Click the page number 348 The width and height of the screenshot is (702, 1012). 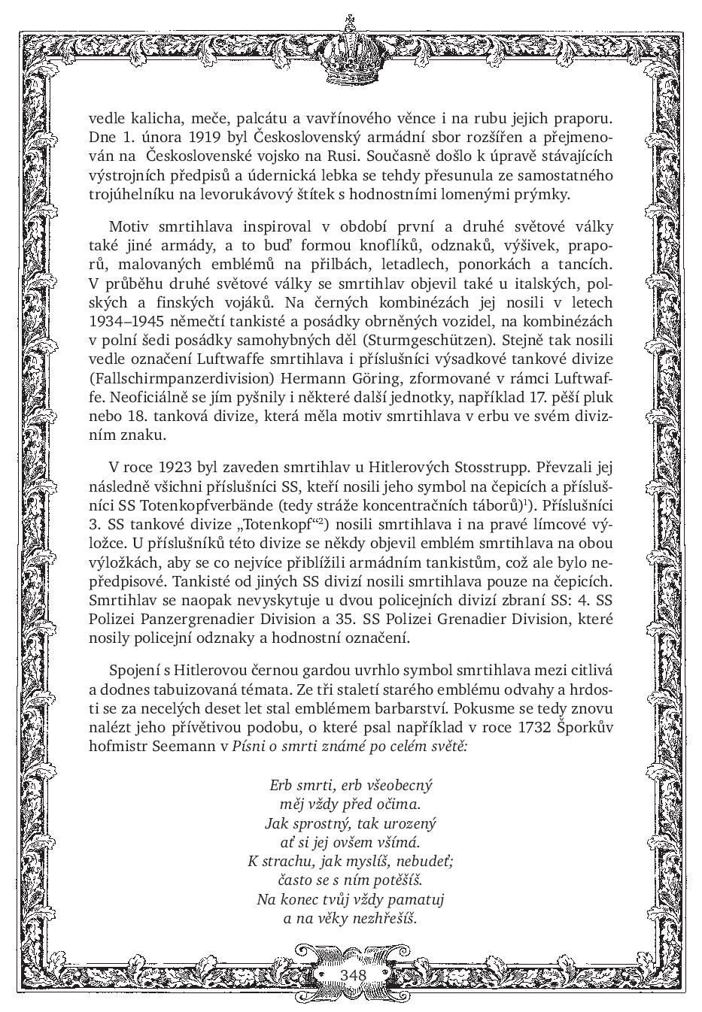pos(352,975)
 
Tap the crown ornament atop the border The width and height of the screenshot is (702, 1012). pos(351,50)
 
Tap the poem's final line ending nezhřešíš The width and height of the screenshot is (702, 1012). pos(351,918)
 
